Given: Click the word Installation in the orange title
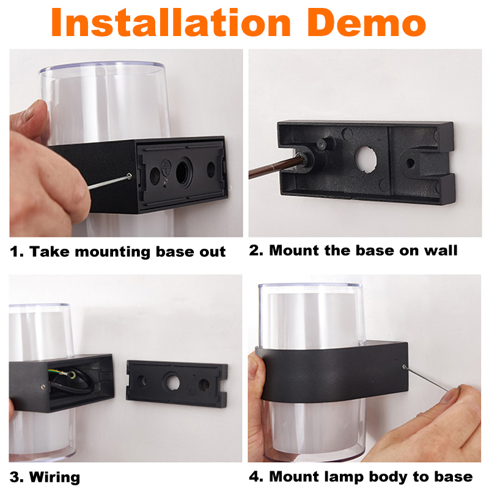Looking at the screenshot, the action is [x=171, y=23].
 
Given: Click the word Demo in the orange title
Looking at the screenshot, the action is [x=367, y=23].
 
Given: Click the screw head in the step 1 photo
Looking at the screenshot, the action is [x=129, y=177].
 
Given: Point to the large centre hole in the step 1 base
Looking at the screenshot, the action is [x=184, y=171].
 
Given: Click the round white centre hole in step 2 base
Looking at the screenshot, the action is [x=367, y=159].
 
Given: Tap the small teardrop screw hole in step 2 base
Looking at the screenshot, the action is [x=410, y=163].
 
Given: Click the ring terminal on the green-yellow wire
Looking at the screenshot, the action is [x=71, y=374].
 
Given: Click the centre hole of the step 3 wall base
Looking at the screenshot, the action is [x=172, y=381].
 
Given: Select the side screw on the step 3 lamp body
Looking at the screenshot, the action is [x=43, y=387].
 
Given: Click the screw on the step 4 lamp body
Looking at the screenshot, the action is [x=404, y=367].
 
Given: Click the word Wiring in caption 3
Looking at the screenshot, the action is [x=55, y=477].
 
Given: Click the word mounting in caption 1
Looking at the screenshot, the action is [x=112, y=252].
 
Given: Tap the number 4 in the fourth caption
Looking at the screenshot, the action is [x=254, y=477].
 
